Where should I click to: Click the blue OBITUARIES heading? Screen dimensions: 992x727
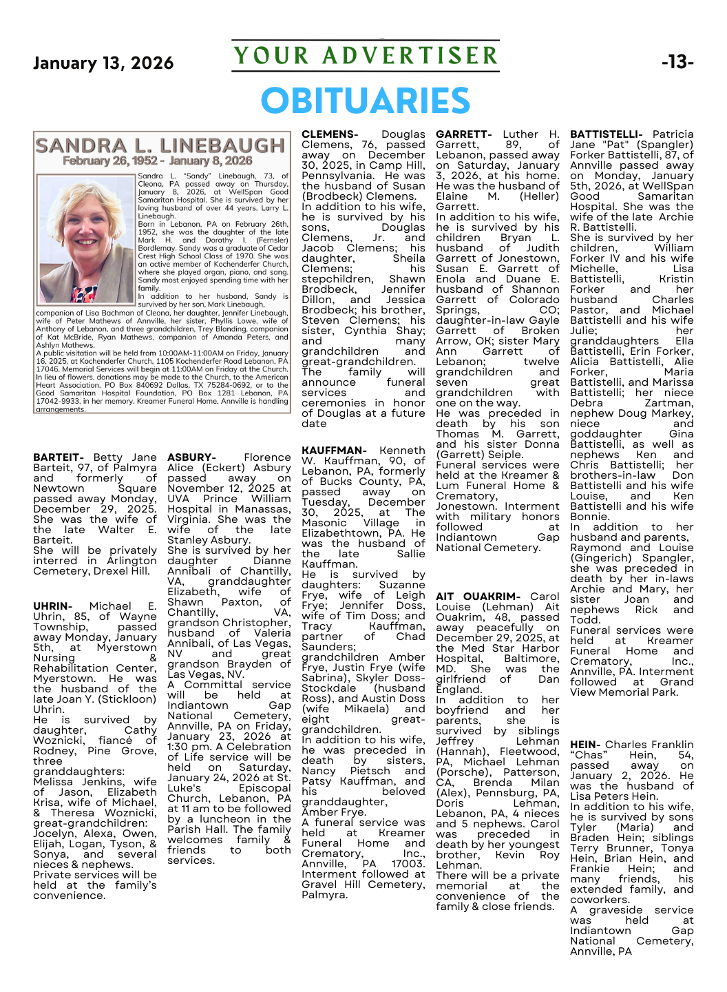[x=365, y=101]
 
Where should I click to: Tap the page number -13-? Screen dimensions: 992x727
[x=677, y=63]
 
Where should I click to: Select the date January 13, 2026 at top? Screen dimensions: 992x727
[x=103, y=63]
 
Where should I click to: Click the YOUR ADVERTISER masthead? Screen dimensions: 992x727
[x=365, y=56]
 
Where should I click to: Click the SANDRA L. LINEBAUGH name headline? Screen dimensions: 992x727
[x=160, y=145]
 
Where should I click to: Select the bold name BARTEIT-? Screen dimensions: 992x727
[x=59, y=457]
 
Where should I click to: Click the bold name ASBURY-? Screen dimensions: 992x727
[x=191, y=457]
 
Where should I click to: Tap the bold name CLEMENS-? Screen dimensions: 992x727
[x=330, y=134]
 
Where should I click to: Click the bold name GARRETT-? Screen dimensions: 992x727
[x=463, y=134]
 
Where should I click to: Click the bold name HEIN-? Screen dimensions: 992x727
[x=585, y=745]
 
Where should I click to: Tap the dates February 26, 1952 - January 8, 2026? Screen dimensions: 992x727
[x=158, y=161]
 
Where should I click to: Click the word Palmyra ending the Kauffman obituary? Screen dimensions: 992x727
[x=324, y=895]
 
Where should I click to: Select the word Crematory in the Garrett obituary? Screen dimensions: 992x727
[x=466, y=496]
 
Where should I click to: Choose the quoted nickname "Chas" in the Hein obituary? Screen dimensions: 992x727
[x=589, y=755]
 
